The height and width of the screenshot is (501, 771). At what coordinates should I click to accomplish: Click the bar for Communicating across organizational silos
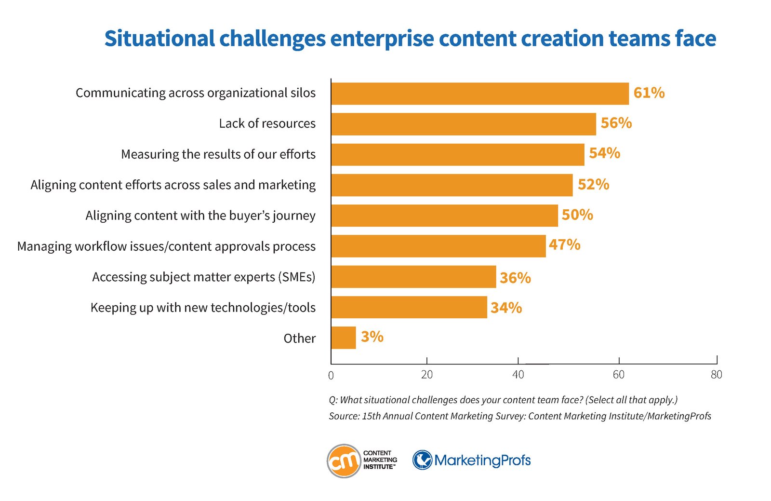tap(480, 94)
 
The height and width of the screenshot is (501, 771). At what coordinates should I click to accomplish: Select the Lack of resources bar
tap(464, 124)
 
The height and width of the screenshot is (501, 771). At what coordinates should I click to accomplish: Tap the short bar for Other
tap(344, 338)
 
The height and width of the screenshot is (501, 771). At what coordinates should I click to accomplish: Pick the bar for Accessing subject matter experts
tap(414, 276)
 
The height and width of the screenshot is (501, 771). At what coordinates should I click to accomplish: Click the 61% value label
tap(649, 93)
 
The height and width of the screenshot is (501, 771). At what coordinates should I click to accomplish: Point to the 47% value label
tap(564, 245)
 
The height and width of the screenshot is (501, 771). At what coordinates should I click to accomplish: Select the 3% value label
tap(372, 337)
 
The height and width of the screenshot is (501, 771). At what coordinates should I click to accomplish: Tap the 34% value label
tap(506, 308)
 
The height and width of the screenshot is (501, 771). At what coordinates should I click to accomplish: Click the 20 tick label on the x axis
tap(427, 375)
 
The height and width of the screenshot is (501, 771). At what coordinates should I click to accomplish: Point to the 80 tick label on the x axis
tap(717, 375)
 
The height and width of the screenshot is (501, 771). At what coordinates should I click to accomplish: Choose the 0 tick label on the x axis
tap(331, 375)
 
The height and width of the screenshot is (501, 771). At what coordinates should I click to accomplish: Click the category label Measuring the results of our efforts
tap(218, 154)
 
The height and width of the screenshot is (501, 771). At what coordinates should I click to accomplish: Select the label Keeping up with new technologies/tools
tap(203, 308)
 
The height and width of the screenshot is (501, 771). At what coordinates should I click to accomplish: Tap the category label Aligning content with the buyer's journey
tap(200, 216)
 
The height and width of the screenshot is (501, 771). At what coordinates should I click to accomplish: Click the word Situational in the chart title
tap(160, 39)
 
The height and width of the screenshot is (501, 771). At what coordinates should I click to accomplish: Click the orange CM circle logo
tap(344, 461)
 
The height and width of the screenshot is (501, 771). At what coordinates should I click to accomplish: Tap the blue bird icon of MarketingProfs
tap(422, 460)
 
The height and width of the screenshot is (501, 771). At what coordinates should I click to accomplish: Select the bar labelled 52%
tap(452, 185)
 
